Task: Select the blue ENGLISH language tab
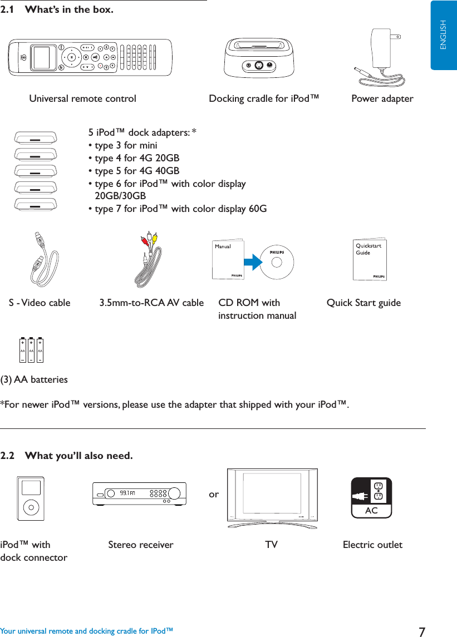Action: [444, 35]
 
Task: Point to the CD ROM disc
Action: [277, 262]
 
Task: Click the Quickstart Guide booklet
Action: [370, 260]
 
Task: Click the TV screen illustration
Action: [272, 493]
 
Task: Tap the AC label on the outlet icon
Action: [371, 510]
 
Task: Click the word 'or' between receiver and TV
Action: [214, 494]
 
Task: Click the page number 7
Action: [422, 631]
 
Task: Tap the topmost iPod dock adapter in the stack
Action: [36, 137]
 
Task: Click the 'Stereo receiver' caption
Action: [140, 545]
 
